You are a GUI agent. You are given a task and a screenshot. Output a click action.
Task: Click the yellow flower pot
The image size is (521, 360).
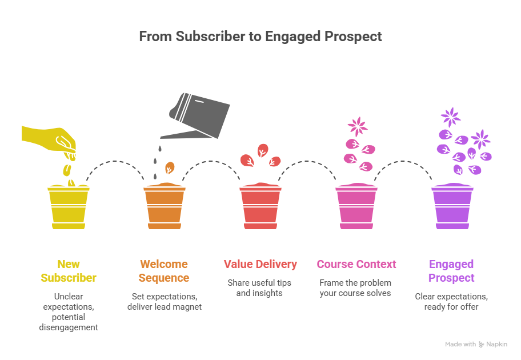click(x=69, y=207)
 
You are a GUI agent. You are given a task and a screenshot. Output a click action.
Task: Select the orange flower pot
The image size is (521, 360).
click(x=165, y=207)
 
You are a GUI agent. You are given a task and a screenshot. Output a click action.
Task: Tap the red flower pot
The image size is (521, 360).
click(x=260, y=207)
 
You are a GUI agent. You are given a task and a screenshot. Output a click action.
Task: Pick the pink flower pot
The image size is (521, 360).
click(x=356, y=207)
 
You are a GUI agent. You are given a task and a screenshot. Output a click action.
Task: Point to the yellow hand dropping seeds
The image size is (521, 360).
click(x=48, y=137)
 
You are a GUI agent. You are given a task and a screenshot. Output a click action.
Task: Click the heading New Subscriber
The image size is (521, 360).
click(x=69, y=271)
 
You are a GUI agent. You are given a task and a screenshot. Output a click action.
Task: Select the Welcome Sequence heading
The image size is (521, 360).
click(x=165, y=271)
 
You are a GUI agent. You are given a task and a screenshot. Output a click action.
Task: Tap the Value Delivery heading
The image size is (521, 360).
click(x=260, y=264)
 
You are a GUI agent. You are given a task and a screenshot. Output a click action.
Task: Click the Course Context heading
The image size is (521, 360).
click(x=356, y=264)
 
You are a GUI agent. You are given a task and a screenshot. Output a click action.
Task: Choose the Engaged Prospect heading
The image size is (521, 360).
click(x=452, y=271)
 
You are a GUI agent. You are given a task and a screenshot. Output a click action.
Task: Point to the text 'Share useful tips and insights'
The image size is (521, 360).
click(x=259, y=288)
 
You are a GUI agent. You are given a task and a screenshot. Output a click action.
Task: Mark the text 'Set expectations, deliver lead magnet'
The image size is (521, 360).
click(x=165, y=302)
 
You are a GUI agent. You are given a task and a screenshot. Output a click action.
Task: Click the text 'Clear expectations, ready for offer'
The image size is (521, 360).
click(x=452, y=302)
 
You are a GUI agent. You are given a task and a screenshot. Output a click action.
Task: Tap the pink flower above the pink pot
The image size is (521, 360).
click(x=358, y=126)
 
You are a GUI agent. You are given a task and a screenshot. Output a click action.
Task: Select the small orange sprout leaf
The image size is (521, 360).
click(x=170, y=168)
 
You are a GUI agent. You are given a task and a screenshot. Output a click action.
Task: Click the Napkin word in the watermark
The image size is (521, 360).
click(x=496, y=344)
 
